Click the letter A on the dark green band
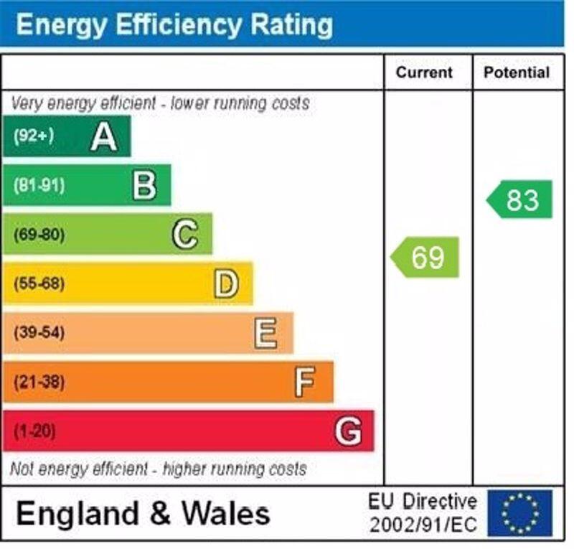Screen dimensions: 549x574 click(104, 136)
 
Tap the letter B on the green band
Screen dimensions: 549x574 click(144, 185)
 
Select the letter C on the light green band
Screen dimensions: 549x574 click(185, 234)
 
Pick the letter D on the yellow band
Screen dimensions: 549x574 click(226, 283)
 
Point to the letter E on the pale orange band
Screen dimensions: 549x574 click(265, 333)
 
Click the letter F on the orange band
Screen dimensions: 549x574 click(305, 382)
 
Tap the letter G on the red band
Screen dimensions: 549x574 click(348, 431)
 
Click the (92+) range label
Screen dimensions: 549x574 click(34, 136)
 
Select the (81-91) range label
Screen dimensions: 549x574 click(39, 185)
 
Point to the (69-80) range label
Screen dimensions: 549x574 click(39, 235)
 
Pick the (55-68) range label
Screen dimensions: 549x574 click(39, 283)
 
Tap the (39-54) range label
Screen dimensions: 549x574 click(39, 333)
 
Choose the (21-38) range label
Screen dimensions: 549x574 click(39, 382)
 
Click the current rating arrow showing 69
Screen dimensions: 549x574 click(425, 257)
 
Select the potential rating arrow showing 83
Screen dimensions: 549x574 click(520, 200)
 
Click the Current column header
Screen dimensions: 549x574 click(425, 72)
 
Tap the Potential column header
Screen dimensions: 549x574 click(517, 72)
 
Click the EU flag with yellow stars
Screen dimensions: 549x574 click(519, 512)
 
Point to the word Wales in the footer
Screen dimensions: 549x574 click(225, 513)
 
